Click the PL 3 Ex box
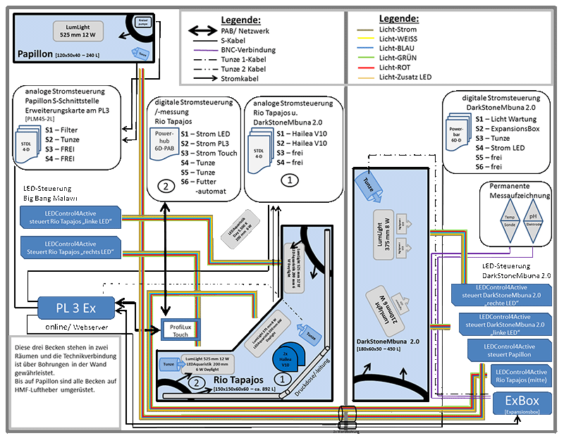(x=77, y=308)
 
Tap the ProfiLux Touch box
(x=177, y=330)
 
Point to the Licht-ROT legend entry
(x=398, y=65)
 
